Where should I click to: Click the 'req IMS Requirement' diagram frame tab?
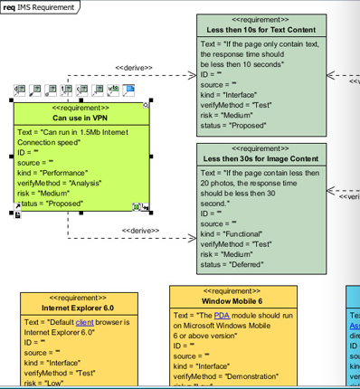[x=39, y=6]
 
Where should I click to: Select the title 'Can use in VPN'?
[x=81, y=118]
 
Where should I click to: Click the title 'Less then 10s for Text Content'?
[x=261, y=29]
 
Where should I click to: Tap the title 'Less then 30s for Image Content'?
[x=261, y=160]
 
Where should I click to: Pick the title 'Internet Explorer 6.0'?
[x=80, y=308]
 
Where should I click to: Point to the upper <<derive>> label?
[x=134, y=68]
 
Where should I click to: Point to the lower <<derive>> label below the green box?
[x=139, y=231]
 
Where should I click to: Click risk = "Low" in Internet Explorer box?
[x=48, y=383]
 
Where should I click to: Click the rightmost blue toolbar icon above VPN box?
[x=128, y=90]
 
